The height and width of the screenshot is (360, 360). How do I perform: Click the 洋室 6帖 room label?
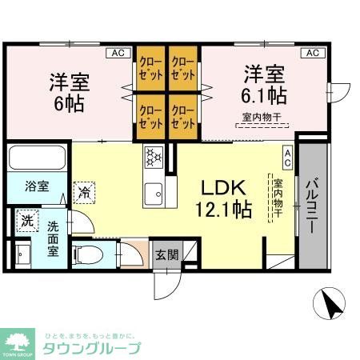click(69, 93)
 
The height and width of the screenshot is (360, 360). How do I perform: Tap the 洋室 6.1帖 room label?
click(264, 85)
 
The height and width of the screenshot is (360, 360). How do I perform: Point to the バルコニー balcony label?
click(312, 204)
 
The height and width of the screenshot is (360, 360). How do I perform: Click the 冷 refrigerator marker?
click(83, 191)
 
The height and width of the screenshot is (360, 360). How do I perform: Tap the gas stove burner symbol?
click(154, 157)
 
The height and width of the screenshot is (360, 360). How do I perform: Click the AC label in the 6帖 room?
click(117, 53)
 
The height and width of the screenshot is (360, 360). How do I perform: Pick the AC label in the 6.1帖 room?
click(312, 53)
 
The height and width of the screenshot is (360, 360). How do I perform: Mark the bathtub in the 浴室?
click(38, 158)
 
